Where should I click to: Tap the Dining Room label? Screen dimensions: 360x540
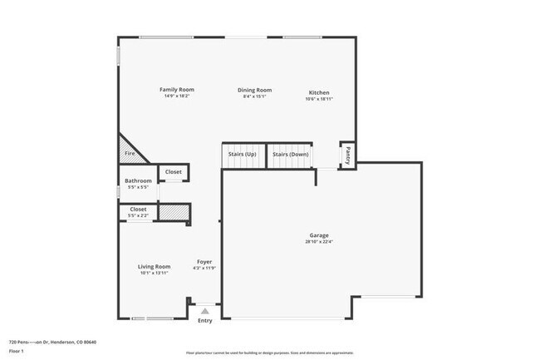coord(254,90)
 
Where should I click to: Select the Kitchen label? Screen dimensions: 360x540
coord(319,92)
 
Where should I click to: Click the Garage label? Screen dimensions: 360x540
coord(320,235)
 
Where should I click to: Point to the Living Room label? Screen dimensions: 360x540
coord(154,266)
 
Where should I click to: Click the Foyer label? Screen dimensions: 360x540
coord(204,262)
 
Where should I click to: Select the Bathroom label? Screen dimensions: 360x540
coord(138,180)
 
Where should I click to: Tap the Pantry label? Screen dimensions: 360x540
coord(347,155)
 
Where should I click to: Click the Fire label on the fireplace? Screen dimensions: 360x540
coord(130,154)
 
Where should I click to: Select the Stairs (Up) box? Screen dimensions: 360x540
coord(243,155)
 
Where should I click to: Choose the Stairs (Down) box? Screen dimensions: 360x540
coord(290,155)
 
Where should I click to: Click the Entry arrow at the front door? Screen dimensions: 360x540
coord(204,311)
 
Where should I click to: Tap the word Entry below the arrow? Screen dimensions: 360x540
coord(204,321)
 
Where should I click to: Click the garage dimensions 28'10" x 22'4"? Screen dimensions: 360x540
coord(320,242)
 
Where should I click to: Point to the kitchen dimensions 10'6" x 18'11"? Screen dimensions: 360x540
coord(319,99)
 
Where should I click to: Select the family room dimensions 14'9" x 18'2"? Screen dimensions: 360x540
coord(176,96)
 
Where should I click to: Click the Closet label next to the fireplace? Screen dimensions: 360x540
coord(173,172)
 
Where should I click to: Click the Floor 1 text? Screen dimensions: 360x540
coord(17,352)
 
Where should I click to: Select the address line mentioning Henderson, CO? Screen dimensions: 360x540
coord(52,342)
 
